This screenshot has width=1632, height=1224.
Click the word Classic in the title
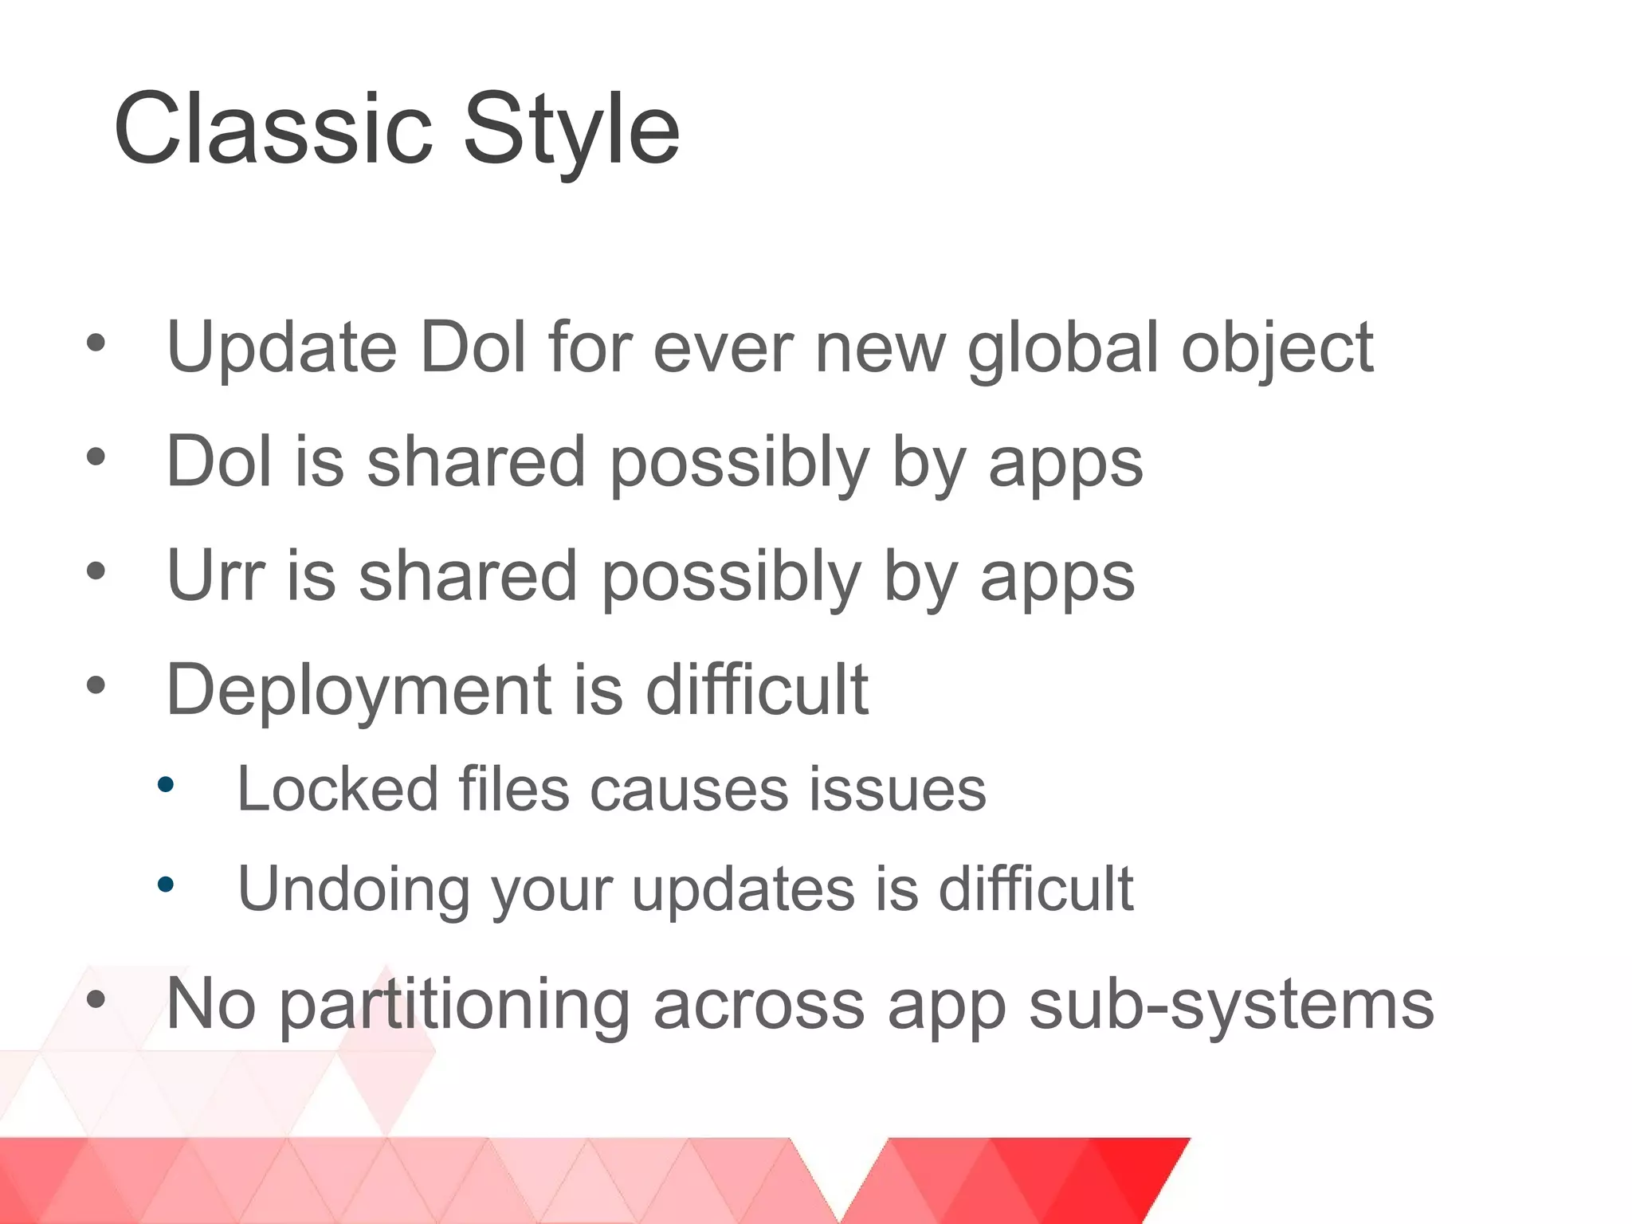273,129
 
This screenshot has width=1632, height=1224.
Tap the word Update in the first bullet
281,347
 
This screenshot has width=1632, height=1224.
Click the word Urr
215,576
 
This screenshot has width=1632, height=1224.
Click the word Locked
337,790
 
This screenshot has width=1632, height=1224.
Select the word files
514,790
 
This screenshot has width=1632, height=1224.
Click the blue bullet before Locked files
166,785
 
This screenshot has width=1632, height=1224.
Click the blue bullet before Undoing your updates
166,884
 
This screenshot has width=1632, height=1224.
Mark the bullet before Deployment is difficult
96,685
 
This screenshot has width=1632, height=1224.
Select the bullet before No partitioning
96,999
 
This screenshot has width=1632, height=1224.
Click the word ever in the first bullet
723,349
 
